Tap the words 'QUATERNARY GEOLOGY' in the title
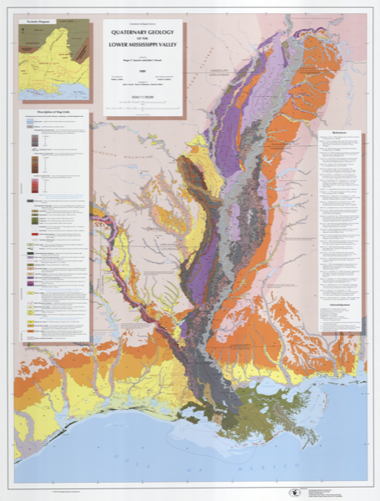click(142, 33)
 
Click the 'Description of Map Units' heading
click(52, 114)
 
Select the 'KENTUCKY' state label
click(333, 50)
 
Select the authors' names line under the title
click(142, 65)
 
